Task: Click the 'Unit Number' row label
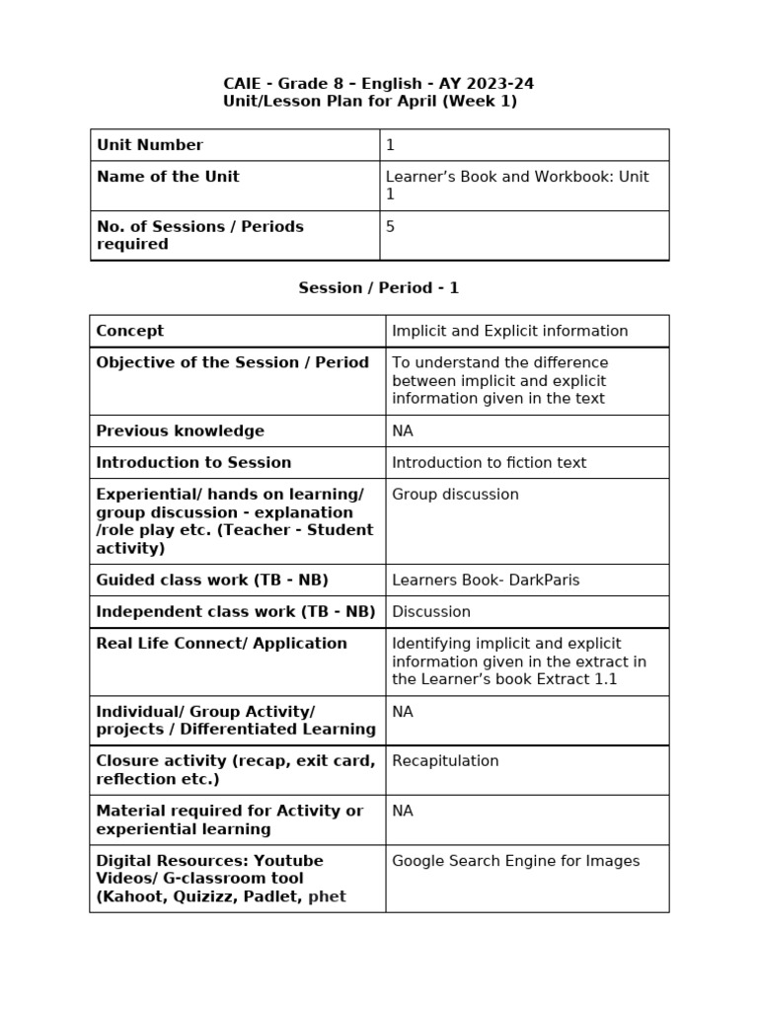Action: [x=149, y=145]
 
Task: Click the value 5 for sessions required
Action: [x=390, y=226]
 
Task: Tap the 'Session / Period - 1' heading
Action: [x=378, y=288]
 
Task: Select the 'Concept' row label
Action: [x=130, y=331]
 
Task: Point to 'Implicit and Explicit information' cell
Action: [x=509, y=331]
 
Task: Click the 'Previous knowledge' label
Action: [x=180, y=430]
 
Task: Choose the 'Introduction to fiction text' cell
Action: [x=489, y=462]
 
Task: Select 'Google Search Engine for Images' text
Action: [x=515, y=861]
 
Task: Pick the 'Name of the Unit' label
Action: [x=168, y=177]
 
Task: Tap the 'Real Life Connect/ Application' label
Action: [x=221, y=644]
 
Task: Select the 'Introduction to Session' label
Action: [x=193, y=462]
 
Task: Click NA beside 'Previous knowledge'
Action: [x=403, y=430]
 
